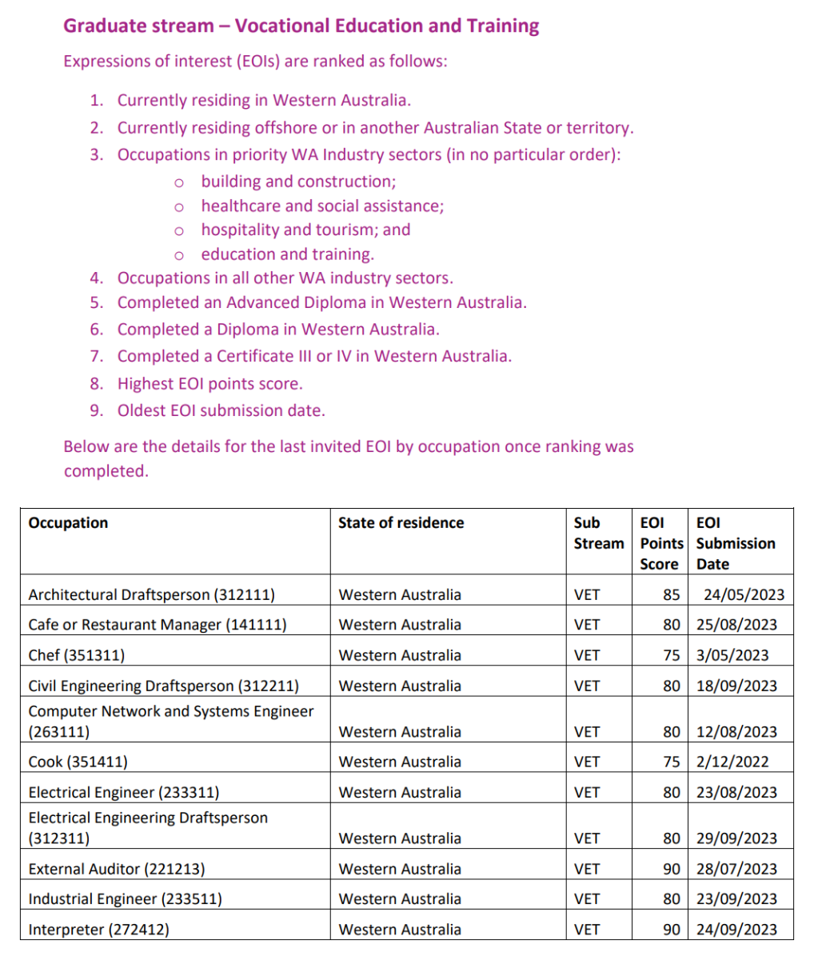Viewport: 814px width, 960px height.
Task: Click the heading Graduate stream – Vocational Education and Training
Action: [301, 26]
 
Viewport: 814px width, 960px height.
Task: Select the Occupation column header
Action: [68, 522]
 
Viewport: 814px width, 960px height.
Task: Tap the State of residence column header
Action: [401, 522]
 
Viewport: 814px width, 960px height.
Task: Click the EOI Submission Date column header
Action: [736, 543]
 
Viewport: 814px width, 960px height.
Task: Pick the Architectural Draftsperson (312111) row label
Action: [152, 594]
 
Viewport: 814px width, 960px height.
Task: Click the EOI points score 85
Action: [671, 594]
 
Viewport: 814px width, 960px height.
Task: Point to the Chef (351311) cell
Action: [76, 655]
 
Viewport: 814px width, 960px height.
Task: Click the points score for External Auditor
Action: [671, 869]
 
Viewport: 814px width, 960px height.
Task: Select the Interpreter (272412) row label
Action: [99, 930]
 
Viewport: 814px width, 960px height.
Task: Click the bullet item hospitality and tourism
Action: [305, 230]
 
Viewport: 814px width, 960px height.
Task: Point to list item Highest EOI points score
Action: [209, 383]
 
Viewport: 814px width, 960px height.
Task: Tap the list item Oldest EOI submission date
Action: [221, 410]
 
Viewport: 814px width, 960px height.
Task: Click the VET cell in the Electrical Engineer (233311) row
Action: [587, 792]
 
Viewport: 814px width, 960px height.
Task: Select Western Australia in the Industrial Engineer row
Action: [400, 899]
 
